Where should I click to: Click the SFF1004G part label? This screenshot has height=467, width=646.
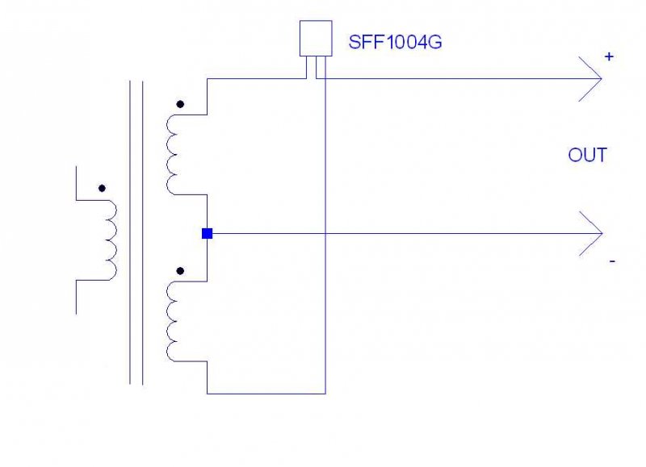(x=395, y=43)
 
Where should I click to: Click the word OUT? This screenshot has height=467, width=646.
(x=587, y=156)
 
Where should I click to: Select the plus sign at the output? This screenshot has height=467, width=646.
(x=608, y=56)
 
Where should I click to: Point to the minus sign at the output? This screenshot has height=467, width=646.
(x=612, y=262)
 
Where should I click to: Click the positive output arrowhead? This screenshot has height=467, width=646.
(x=594, y=79)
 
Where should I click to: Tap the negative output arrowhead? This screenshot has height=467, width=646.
(x=594, y=234)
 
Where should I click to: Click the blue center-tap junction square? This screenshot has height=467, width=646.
(x=207, y=234)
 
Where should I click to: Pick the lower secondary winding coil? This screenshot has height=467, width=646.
(x=174, y=320)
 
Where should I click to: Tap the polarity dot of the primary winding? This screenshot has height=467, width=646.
(x=101, y=189)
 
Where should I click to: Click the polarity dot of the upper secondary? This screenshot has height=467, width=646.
(x=180, y=104)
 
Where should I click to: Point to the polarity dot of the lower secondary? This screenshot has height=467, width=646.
(x=180, y=271)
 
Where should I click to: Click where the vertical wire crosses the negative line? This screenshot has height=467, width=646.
(x=325, y=234)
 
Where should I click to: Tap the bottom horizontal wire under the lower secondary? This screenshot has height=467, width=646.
(x=266, y=394)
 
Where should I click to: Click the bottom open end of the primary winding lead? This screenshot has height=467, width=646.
(x=76, y=311)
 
